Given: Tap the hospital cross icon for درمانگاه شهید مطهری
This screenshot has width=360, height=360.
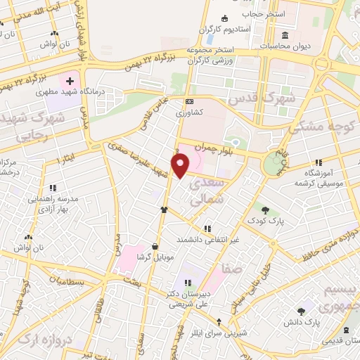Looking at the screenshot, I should coord(70,82).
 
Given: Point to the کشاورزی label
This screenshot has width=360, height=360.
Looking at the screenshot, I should coord(190,112).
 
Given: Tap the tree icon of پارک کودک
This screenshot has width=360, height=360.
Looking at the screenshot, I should coord(265,210).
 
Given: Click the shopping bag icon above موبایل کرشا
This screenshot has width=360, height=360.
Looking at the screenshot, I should coord(155,246).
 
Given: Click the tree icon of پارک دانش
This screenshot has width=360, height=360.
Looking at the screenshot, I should coord(301,311).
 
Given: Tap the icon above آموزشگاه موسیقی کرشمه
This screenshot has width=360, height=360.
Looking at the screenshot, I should coord(319,162).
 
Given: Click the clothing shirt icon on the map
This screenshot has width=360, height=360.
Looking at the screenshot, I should coord(164,209).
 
